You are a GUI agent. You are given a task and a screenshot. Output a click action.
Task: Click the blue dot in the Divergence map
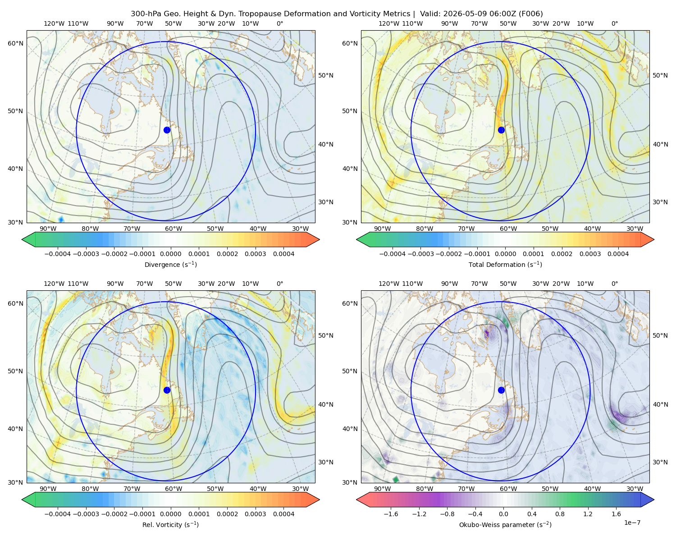click(x=167, y=130)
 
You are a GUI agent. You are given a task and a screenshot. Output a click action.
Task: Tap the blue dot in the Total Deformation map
click(x=501, y=130)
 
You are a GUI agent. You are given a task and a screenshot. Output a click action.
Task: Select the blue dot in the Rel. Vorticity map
click(x=167, y=390)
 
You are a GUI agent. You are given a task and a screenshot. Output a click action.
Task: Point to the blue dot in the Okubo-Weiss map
click(x=501, y=390)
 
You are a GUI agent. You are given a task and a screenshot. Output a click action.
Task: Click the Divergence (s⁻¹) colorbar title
click(x=170, y=264)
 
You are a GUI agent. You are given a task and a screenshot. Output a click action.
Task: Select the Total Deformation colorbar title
click(x=505, y=264)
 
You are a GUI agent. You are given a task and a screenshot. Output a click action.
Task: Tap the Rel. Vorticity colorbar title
click(x=170, y=524)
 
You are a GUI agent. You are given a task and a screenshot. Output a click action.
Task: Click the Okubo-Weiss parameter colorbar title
click(x=505, y=524)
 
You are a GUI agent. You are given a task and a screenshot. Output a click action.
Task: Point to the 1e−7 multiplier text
click(x=632, y=523)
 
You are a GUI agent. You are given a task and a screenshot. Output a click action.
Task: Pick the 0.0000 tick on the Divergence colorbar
click(x=170, y=254)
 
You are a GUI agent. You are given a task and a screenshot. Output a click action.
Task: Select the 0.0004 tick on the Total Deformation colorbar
click(x=618, y=254)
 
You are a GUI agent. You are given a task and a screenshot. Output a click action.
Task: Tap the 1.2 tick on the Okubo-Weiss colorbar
click(x=588, y=513)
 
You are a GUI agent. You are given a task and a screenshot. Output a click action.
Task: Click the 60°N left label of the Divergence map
click(x=15, y=43)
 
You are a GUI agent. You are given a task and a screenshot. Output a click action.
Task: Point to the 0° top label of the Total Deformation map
click(x=615, y=23)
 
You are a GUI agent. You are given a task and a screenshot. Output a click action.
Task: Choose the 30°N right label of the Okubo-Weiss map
click(x=660, y=462)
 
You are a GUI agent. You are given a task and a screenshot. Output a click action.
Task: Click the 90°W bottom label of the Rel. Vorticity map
click(x=48, y=489)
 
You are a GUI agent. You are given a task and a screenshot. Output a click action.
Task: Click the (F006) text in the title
click(x=530, y=14)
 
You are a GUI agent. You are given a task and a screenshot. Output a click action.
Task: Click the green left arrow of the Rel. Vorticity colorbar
click(x=29, y=500)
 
